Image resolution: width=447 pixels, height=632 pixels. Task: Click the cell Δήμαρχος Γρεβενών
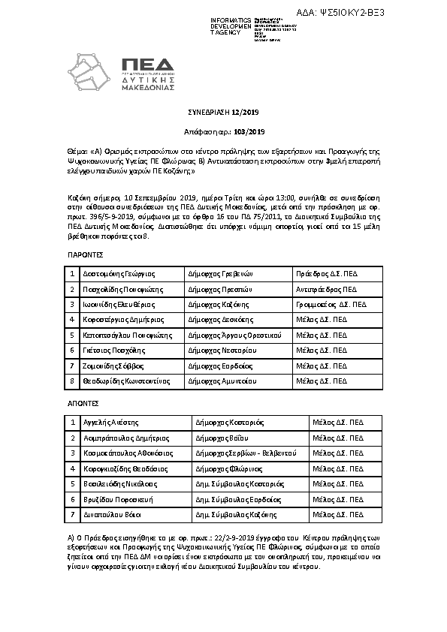pyautogui.click(x=220, y=294)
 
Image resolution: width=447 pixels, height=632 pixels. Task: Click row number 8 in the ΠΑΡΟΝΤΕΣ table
pyautogui.click(x=72, y=381)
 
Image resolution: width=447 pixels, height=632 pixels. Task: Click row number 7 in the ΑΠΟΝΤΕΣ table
pyautogui.click(x=72, y=515)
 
